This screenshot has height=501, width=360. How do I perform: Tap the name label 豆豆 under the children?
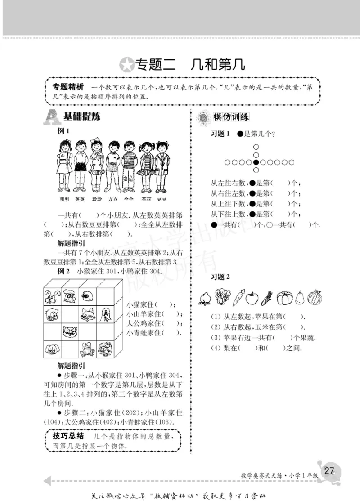coord(162,199)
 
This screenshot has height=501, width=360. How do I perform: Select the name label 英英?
coord(80,199)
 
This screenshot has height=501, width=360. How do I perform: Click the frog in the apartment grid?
coord(86,349)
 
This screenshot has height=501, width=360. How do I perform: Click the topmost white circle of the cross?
coord(256,147)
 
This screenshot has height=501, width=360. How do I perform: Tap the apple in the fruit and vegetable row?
coord(253,297)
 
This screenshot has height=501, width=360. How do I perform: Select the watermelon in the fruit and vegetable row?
coord(315,297)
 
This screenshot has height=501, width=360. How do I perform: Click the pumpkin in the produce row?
coord(284,297)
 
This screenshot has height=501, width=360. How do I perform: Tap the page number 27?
coord(329,471)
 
